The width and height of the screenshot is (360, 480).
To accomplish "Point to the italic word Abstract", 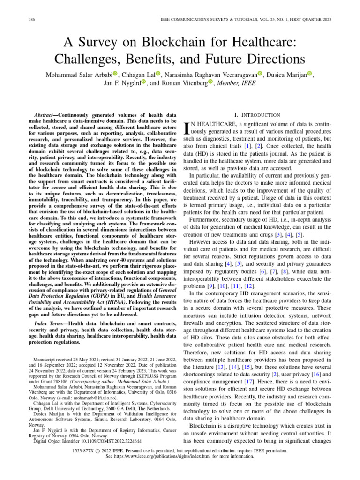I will click(47, 115).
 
